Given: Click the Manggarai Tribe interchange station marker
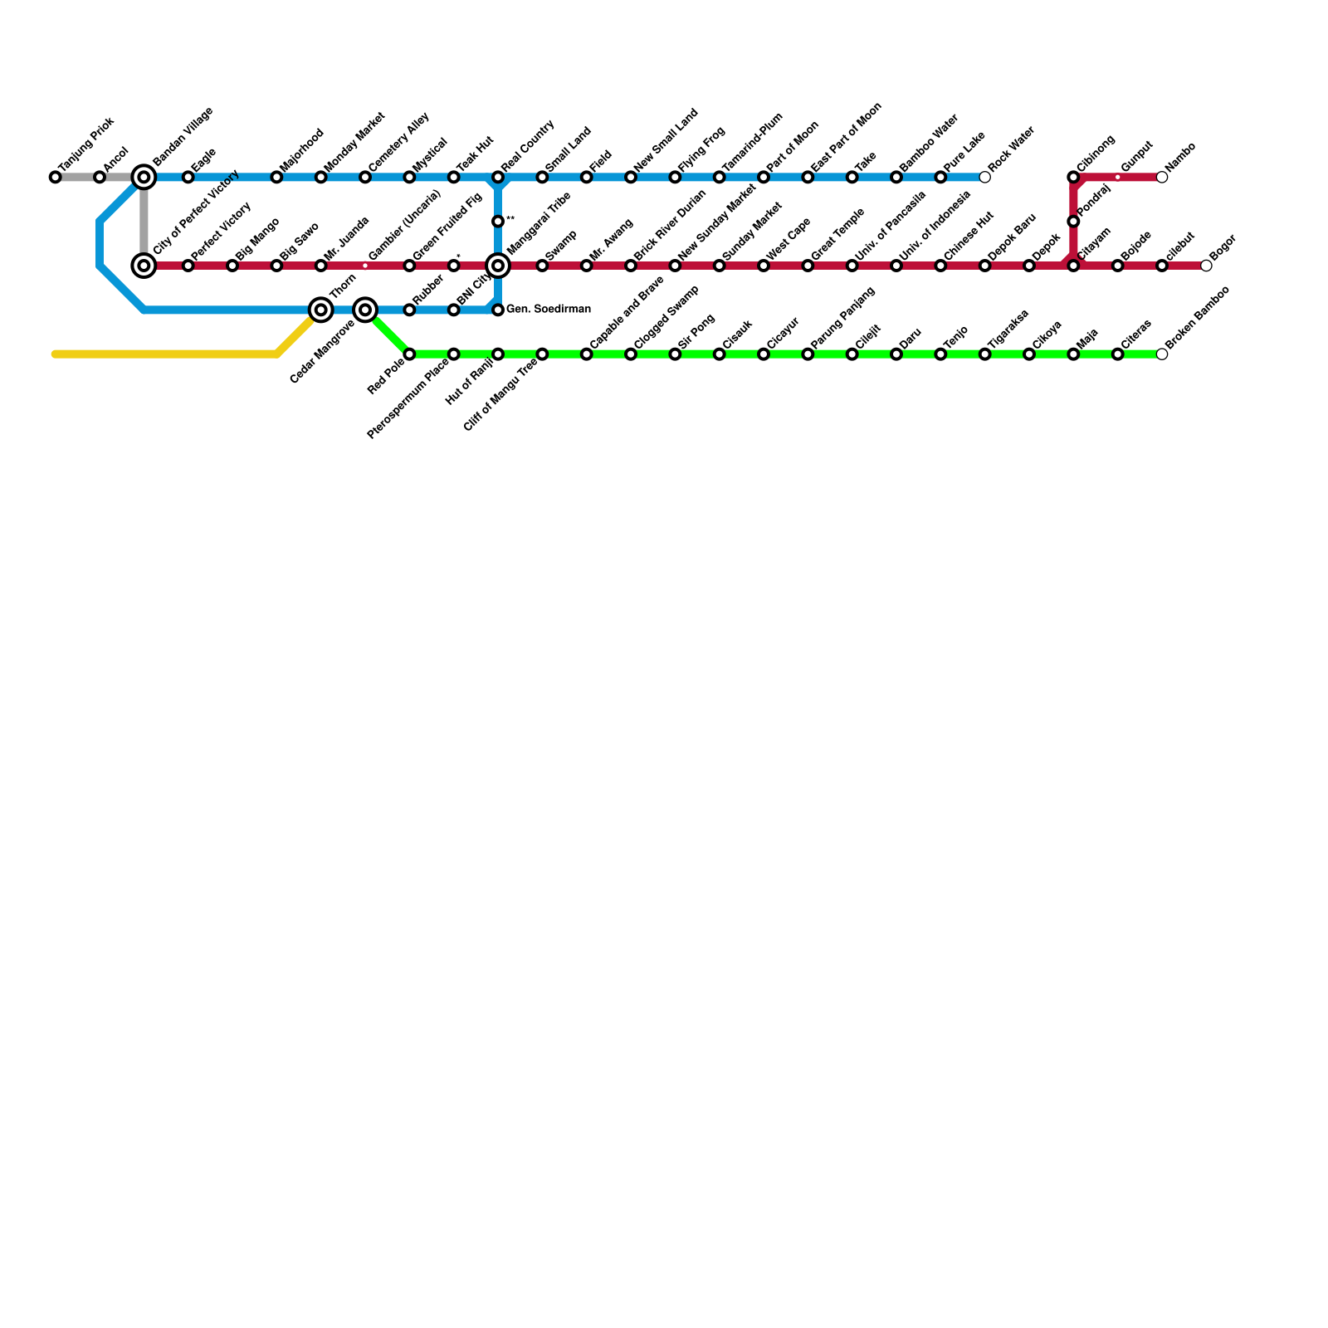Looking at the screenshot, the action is click(498, 266).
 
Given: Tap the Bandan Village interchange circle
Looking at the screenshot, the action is click(144, 177).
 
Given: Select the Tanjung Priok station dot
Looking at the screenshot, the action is click(55, 177).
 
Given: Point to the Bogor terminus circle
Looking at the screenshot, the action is click(1206, 266).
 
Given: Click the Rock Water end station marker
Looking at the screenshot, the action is click(984, 177).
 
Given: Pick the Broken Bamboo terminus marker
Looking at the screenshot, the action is click(1162, 354).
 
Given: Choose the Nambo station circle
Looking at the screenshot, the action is click(1162, 177).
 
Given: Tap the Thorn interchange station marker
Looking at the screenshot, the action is click(321, 310).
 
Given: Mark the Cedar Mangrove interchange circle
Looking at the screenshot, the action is click(365, 310).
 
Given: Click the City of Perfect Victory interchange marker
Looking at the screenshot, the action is click(144, 266).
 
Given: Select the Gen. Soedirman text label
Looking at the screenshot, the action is click(549, 310).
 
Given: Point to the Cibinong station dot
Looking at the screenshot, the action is click(1073, 177).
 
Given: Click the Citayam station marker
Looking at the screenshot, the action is click(1073, 266).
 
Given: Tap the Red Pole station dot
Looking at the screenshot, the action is click(409, 354).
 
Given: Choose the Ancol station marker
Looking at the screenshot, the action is click(100, 177).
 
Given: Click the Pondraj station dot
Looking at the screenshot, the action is click(1073, 222).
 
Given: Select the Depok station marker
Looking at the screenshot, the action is click(1029, 266).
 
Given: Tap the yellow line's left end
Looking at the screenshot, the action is click(56, 354).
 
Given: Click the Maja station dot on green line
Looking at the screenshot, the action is click(1073, 354).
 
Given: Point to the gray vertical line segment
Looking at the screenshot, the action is click(144, 222).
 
